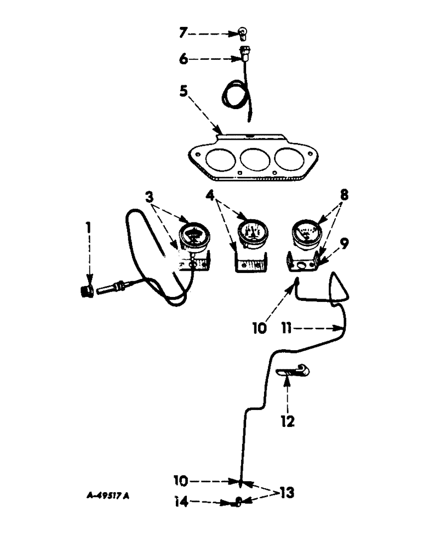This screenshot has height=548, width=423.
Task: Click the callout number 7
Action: click(184, 34)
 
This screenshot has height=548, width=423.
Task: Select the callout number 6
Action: click(184, 59)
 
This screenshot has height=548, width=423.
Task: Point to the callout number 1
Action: click(90, 226)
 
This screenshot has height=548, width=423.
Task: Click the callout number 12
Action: click(288, 421)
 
